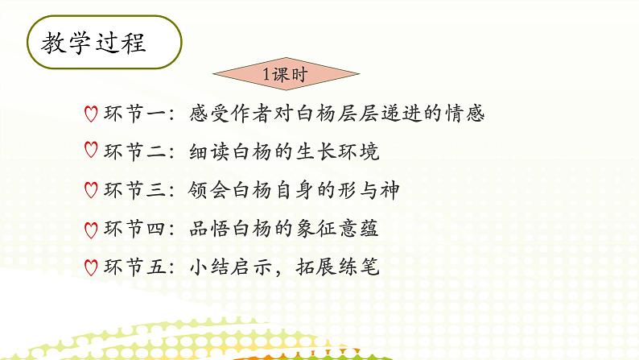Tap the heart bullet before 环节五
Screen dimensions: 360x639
click(x=91, y=267)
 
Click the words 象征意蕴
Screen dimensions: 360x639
click(x=339, y=229)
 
